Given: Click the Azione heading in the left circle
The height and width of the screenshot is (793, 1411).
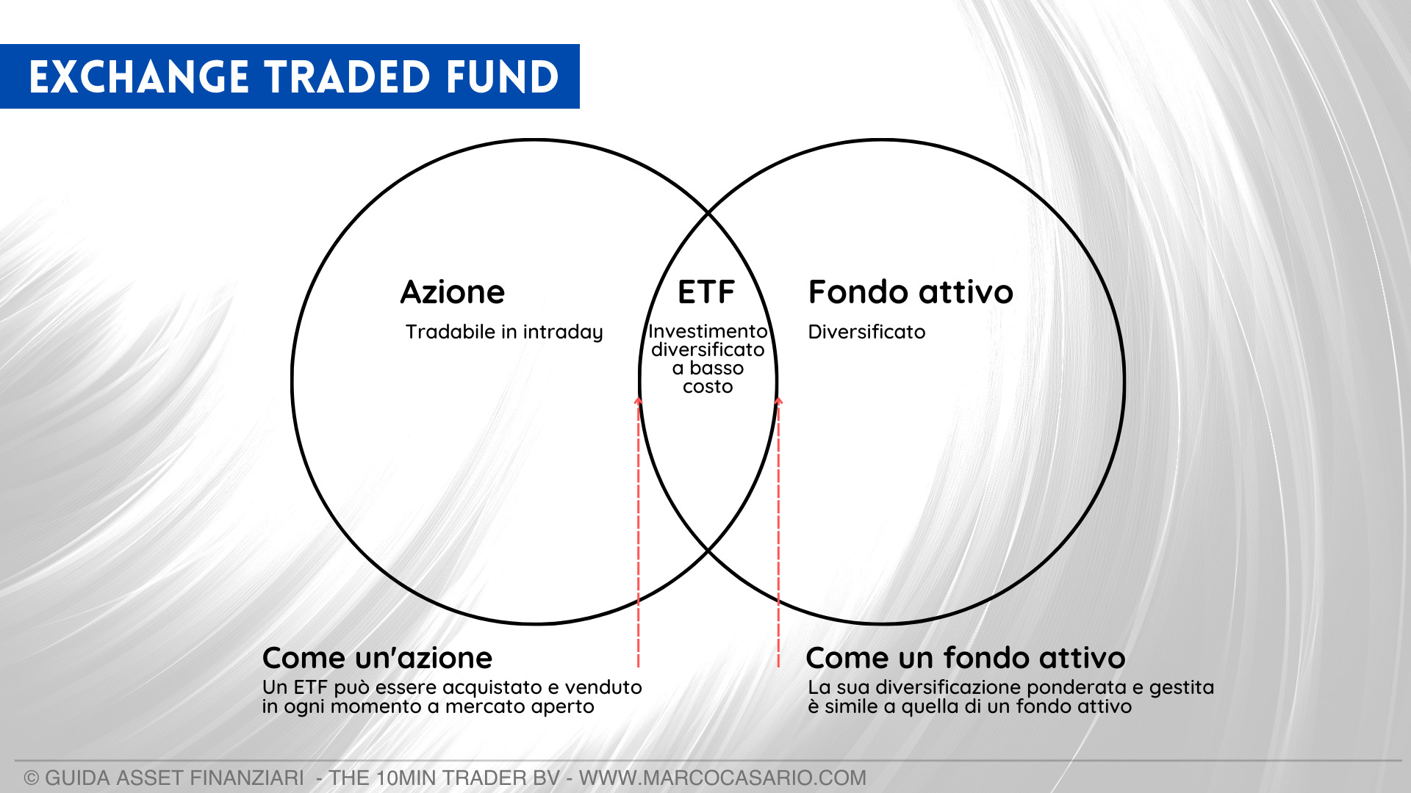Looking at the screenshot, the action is pos(453,292).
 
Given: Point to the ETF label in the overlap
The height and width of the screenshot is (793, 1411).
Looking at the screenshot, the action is pos(706,292).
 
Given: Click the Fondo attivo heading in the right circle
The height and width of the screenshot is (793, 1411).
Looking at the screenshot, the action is pos(911,292).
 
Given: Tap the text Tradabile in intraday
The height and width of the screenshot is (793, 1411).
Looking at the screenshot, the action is pos(504,333).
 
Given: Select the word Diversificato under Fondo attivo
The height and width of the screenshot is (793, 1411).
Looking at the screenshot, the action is pos(866,332).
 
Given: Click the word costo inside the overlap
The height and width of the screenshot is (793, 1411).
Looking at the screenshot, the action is pos(708,387).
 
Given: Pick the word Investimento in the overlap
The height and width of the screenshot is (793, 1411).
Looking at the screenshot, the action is pos(708,332).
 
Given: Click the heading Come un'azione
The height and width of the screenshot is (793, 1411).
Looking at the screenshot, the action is pos(377,658).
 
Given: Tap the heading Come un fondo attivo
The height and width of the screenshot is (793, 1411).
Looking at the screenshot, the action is pos(966,658).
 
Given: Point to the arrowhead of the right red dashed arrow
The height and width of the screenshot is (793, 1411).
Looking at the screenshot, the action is pos(779,400).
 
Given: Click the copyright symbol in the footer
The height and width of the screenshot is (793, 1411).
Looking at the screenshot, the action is pos(32,778).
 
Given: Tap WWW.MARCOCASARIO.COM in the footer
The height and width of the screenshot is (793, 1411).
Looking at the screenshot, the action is pos(722,778).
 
